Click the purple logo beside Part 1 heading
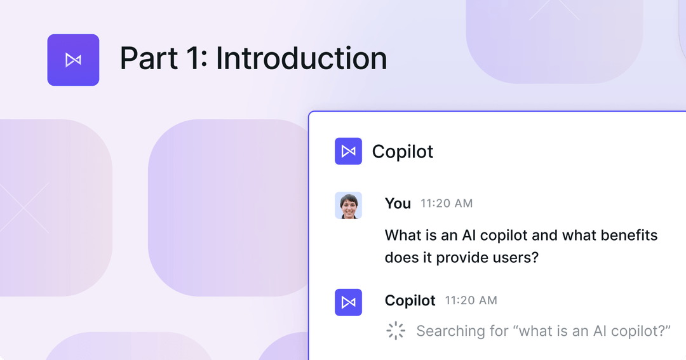73,60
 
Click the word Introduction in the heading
301,58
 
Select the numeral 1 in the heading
194,58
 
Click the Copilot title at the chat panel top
403,152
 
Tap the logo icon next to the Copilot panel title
348,151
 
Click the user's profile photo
348,205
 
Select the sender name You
398,203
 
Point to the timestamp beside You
447,204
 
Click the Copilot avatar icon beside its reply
348,302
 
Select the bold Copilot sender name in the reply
410,300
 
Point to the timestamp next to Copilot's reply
471,300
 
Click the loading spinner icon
396,331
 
